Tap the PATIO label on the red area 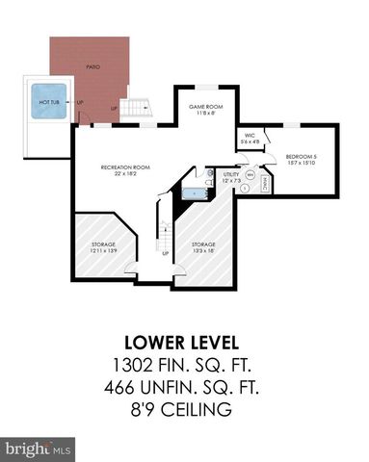(93, 67)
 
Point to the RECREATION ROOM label (122, 167)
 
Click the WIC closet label (249, 136)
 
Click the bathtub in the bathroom (195, 193)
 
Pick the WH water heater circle (250, 175)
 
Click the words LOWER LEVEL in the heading (183, 344)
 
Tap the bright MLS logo (39, 448)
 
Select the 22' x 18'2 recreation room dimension (122, 174)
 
